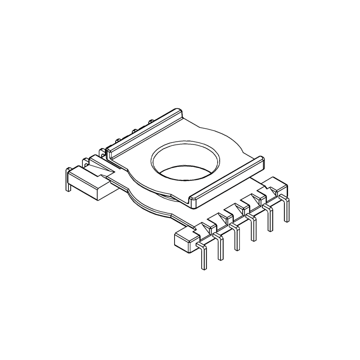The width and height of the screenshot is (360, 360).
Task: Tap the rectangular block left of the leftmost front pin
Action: click(x=184, y=238)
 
